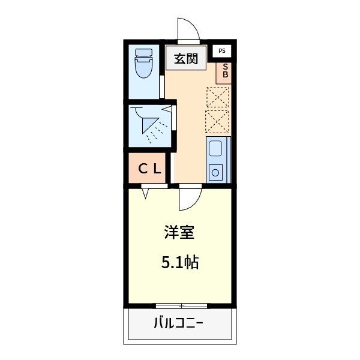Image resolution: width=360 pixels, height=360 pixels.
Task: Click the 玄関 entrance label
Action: click(x=187, y=59)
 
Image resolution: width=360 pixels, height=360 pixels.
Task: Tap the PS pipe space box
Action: click(x=222, y=52)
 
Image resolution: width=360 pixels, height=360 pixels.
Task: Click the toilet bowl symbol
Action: click(x=144, y=70)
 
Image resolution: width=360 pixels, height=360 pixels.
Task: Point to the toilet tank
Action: click(x=144, y=52)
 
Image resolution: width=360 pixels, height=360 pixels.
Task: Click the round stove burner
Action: click(x=215, y=173)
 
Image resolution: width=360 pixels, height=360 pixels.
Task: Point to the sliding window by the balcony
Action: click(x=179, y=305)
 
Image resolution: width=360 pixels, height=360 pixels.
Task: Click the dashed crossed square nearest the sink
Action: click(x=217, y=122)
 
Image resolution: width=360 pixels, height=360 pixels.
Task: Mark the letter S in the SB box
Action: click(x=226, y=67)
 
